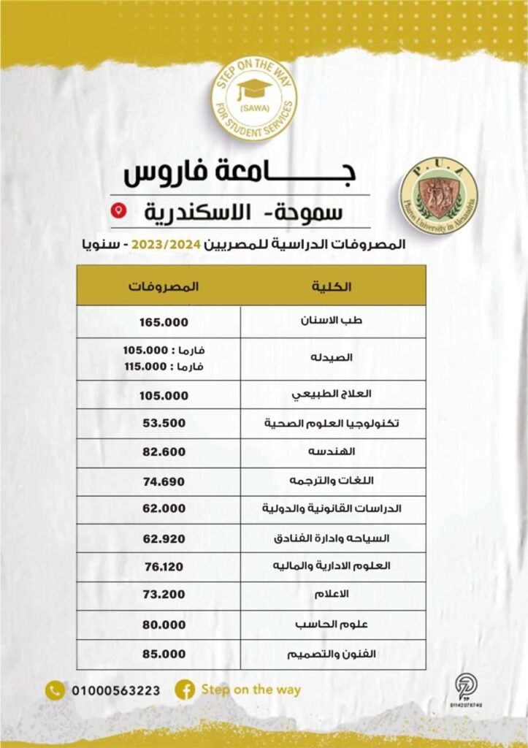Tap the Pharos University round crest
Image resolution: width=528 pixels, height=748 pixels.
(438, 196)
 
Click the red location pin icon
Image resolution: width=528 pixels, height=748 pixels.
(122, 210)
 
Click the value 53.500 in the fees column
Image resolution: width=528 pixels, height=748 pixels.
(164, 423)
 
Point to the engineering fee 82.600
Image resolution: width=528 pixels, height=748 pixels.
(164, 452)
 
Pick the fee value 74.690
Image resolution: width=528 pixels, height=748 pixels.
(164, 481)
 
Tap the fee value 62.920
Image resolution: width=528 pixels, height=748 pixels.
(164, 539)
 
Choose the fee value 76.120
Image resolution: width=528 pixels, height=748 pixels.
(164, 568)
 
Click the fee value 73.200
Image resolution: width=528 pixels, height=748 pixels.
(164, 596)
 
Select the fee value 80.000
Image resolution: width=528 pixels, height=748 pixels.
(164, 625)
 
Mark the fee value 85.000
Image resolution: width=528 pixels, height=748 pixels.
(164, 654)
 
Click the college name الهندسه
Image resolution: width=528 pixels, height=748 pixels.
(337, 452)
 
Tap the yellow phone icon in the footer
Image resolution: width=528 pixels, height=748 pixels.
(55, 690)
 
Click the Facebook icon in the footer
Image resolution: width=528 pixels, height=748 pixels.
(184, 690)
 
